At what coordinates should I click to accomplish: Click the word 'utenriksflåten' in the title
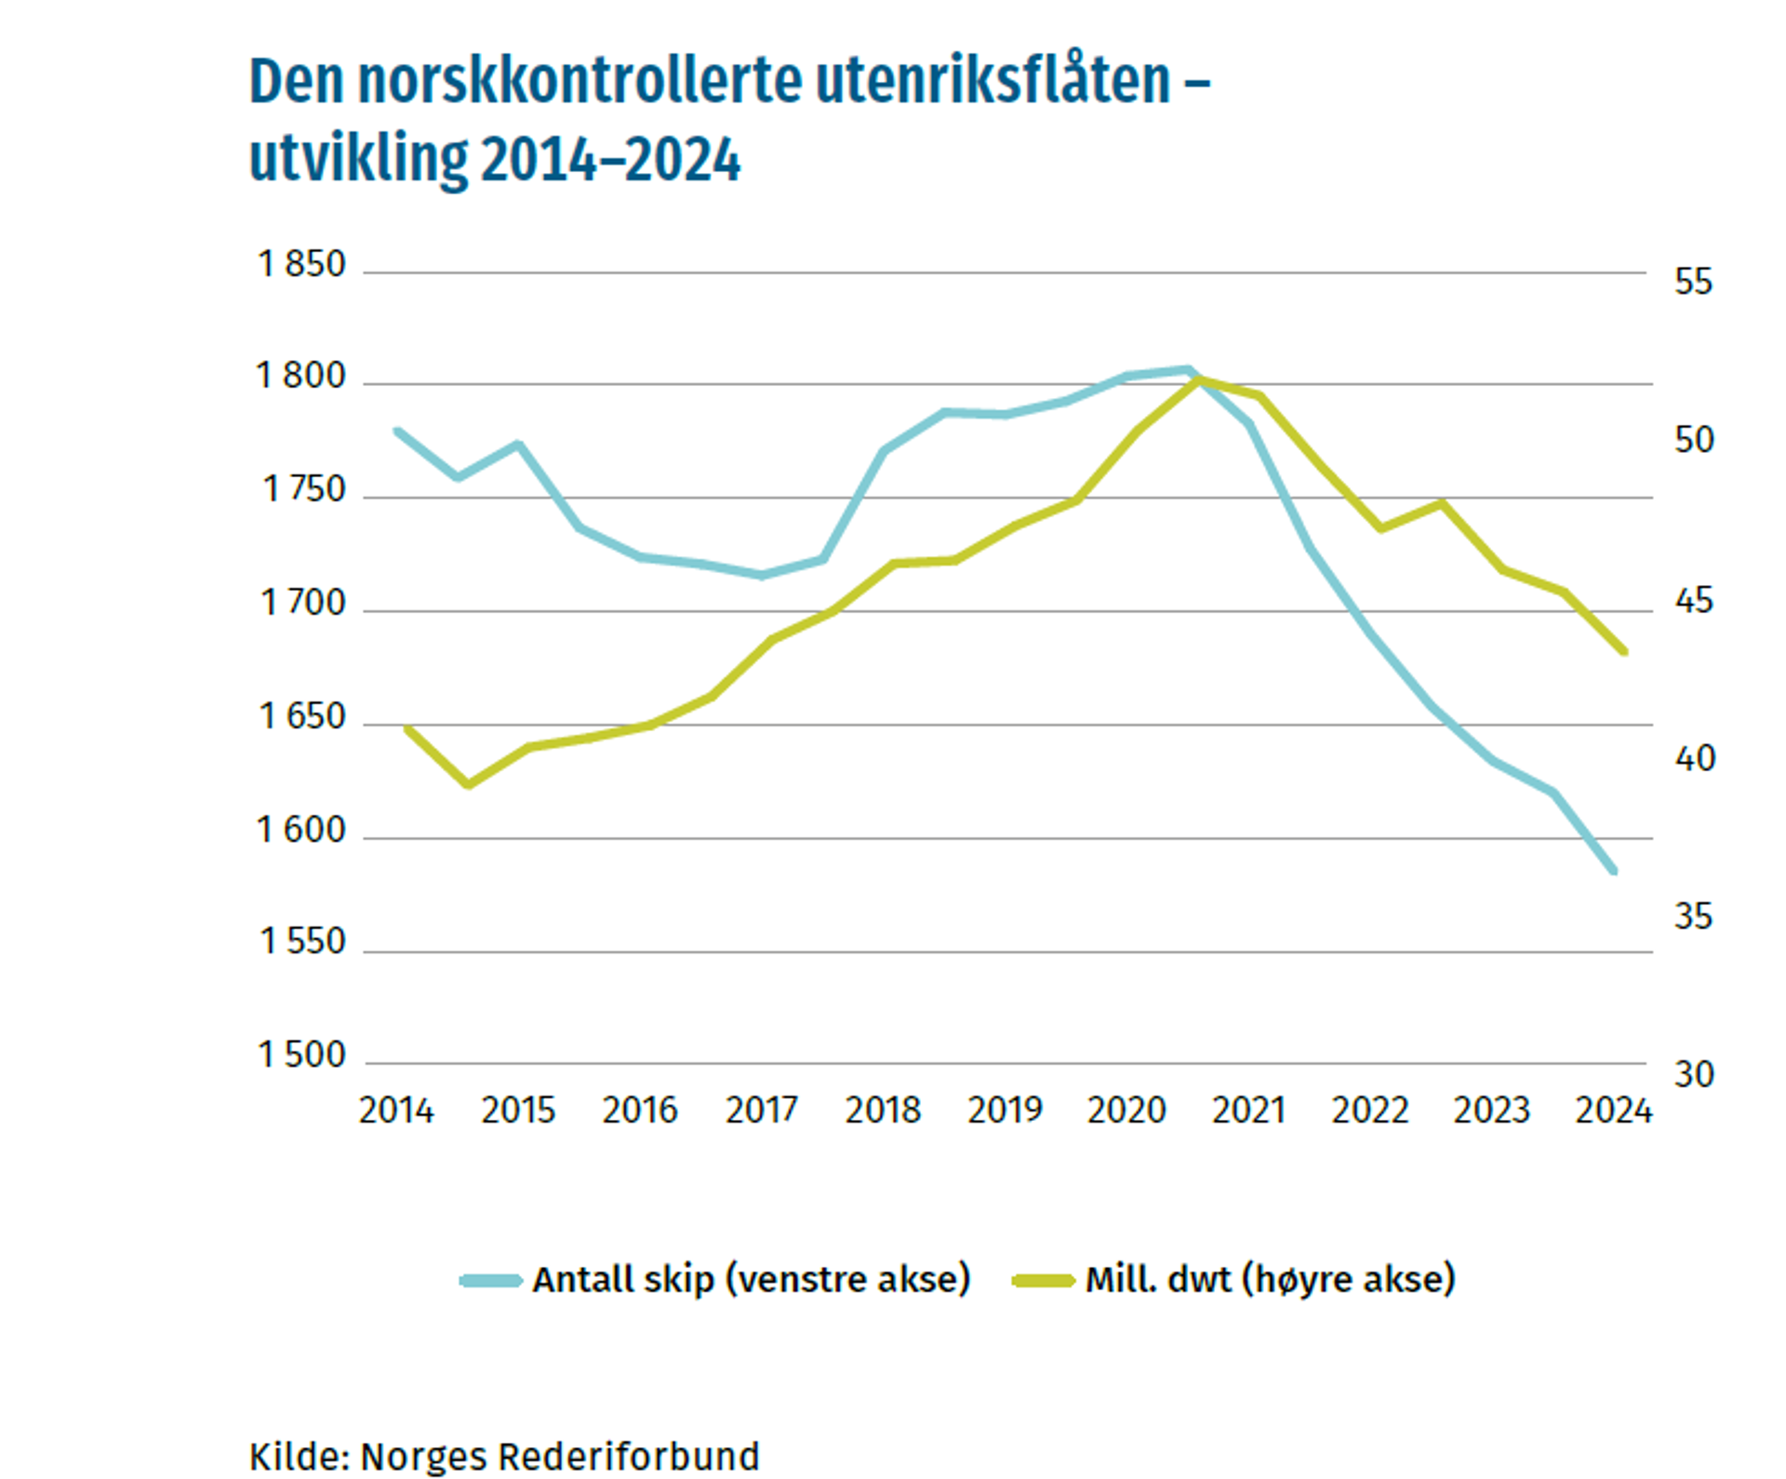tap(992, 82)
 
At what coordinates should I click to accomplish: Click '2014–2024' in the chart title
tap(611, 160)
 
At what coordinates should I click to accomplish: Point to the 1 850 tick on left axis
tap(301, 265)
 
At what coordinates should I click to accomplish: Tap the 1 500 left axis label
tap(301, 1056)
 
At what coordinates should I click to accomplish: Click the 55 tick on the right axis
tap(1693, 282)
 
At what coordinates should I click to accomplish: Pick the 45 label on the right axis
tap(1693, 602)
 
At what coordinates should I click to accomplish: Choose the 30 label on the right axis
tap(1693, 1075)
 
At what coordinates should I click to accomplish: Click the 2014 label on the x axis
tap(396, 1111)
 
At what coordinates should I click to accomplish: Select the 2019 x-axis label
tap(1005, 1111)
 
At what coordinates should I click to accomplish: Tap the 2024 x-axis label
tap(1613, 1111)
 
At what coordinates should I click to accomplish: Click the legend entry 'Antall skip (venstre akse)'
tap(751, 1280)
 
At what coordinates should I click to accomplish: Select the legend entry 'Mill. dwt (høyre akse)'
tap(1270, 1280)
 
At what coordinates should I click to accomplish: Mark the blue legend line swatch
tap(490, 1281)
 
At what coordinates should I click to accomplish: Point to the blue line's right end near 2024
tap(1614, 872)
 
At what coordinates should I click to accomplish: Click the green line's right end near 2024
tap(1624, 652)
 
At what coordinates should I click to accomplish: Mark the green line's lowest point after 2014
tap(468, 785)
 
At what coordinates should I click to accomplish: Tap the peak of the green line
tap(1199, 380)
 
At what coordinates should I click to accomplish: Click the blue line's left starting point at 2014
tap(397, 431)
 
